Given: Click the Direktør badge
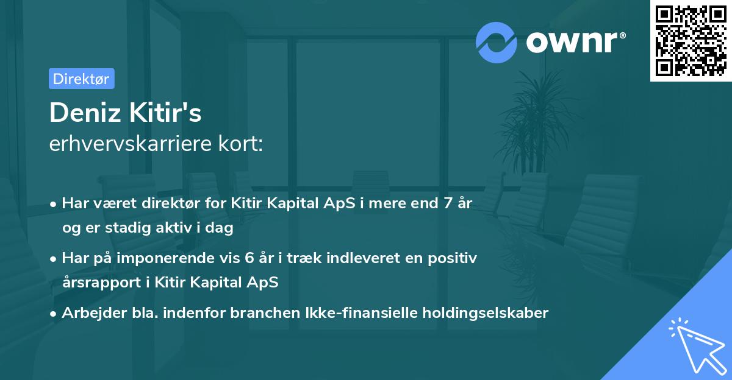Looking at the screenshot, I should pos(81,79).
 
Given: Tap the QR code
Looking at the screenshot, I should pos(690,41).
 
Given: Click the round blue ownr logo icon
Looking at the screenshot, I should pos(497,42).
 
